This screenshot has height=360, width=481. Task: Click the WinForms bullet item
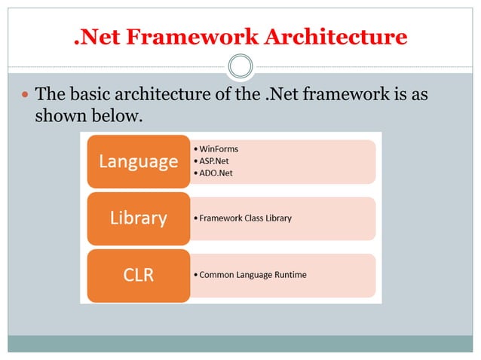[218, 148]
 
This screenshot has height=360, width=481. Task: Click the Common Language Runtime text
[253, 275]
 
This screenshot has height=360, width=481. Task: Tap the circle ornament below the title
[240, 67]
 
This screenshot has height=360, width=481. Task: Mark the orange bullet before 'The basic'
[24, 96]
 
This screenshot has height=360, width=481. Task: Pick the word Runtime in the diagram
[290, 275]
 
